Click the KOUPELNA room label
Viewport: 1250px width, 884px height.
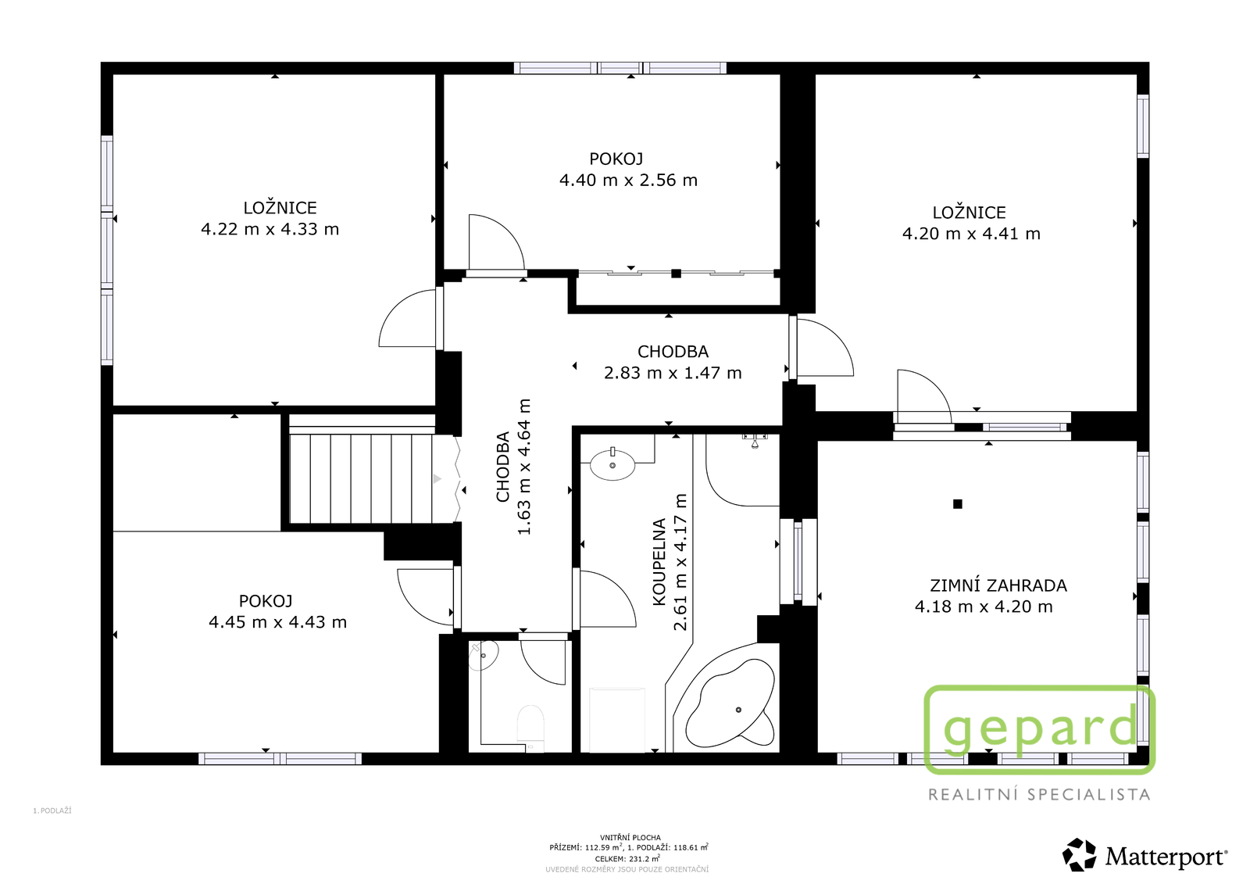pyautogui.click(x=659, y=562)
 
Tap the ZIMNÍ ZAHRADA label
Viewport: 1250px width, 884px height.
pyautogui.click(x=998, y=585)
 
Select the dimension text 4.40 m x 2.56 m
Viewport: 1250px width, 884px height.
pyautogui.click(x=628, y=181)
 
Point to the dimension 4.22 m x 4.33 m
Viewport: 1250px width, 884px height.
pyautogui.click(x=270, y=230)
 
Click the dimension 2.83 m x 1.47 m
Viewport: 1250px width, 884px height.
pyautogui.click(x=673, y=373)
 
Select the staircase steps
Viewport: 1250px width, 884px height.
pyautogui.click(x=362, y=478)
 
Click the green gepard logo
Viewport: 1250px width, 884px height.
pyautogui.click(x=1040, y=729)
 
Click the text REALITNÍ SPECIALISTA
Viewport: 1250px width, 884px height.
pyautogui.click(x=1039, y=794)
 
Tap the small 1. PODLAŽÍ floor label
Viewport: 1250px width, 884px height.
pyautogui.click(x=52, y=811)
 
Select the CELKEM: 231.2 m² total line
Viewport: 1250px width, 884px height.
pyautogui.click(x=628, y=858)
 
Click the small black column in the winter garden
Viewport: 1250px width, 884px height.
pyautogui.click(x=958, y=504)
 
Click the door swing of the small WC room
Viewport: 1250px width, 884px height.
pyautogui.click(x=543, y=662)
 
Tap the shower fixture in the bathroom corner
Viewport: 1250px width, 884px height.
pyautogui.click(x=755, y=441)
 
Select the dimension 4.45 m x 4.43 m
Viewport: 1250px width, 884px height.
pyautogui.click(x=278, y=622)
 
